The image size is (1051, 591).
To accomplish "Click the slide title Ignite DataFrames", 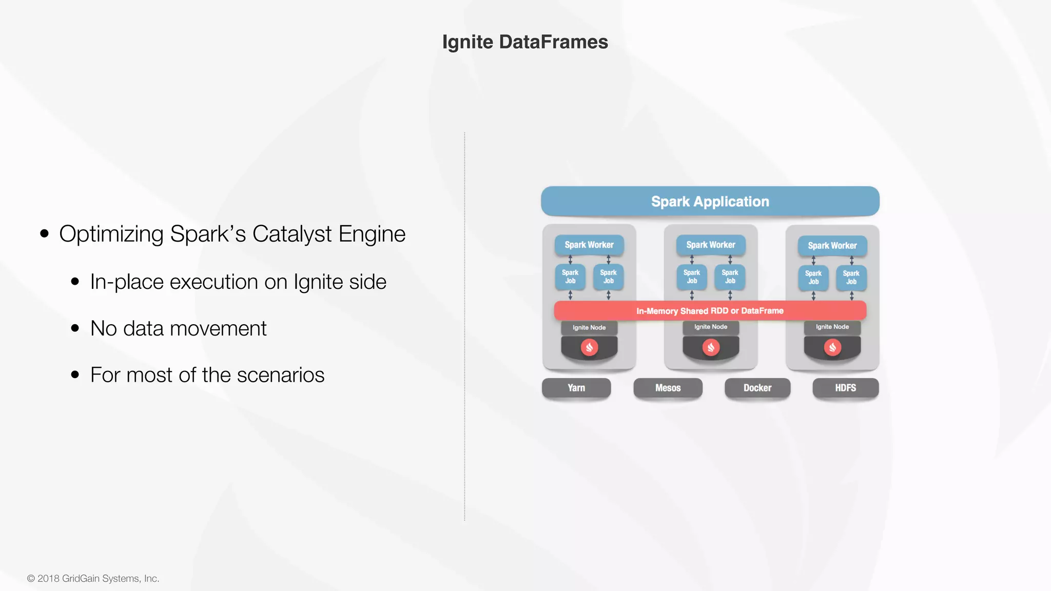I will [x=525, y=42].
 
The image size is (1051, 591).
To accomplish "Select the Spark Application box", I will [x=710, y=201].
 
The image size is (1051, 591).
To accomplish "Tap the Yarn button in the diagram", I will [x=576, y=388].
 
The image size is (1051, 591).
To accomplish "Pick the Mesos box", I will [x=668, y=388].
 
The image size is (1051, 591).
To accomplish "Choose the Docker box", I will [x=757, y=388].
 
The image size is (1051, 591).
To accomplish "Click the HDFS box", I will [x=845, y=388].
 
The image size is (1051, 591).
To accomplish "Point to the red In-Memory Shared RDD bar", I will [x=710, y=310].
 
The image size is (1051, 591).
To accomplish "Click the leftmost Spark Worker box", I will [x=589, y=245].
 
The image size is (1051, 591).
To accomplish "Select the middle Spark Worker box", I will [x=711, y=245].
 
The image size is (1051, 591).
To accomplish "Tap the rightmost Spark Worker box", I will [x=832, y=246].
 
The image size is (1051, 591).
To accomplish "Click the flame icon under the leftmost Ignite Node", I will [x=589, y=347].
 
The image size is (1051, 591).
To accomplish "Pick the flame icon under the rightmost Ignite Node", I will [x=832, y=347].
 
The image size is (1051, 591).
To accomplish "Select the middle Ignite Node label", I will [x=711, y=327].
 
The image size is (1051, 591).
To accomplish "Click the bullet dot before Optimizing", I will [x=45, y=234].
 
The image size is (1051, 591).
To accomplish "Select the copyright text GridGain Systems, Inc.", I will [x=110, y=578].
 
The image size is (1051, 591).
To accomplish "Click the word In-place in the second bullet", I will [x=127, y=282].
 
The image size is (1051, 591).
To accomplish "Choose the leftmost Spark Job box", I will [x=570, y=277].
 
